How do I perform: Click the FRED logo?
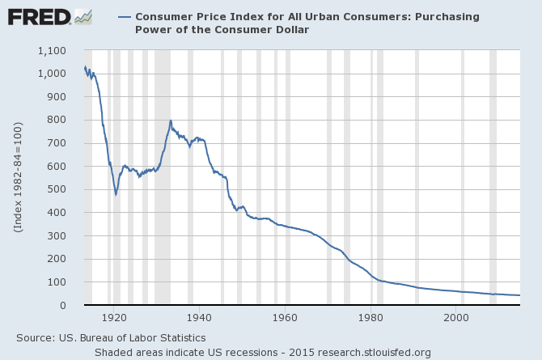pos(38,16)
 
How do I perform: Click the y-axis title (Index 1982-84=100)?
pos(17,178)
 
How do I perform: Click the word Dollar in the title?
pos(290,29)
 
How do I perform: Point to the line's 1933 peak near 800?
pos(171,121)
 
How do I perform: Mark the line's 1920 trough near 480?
pos(116,194)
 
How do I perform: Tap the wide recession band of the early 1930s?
pos(162,178)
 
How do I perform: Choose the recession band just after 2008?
pos(493,178)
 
